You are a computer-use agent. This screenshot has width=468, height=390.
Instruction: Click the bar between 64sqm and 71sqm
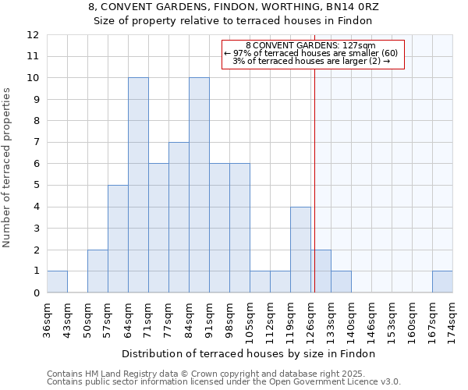138,186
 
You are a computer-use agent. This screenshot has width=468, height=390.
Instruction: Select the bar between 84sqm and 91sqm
199,186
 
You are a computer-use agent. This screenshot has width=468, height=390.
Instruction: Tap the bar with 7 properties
179,218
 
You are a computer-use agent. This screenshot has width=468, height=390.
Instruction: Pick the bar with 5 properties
118,239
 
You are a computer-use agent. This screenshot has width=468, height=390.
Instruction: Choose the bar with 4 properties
300,250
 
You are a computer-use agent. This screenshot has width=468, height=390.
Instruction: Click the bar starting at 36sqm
57,282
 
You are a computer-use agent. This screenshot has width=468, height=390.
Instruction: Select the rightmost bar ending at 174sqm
442,282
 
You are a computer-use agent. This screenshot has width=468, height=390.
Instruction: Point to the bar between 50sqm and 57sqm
97,271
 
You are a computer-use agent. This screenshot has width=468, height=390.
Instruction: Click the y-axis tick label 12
33,35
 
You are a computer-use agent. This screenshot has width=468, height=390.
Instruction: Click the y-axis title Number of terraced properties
8,167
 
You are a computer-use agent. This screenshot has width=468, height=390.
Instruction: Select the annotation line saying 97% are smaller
310,53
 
